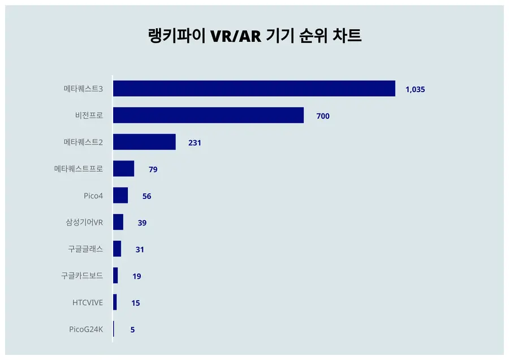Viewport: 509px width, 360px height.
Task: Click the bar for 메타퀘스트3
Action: point(254,89)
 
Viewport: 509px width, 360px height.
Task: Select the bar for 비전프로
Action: point(208,115)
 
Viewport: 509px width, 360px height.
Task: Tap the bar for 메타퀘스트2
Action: point(144,142)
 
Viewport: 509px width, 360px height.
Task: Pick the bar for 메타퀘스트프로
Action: point(123,168)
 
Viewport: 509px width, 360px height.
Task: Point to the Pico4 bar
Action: point(120,196)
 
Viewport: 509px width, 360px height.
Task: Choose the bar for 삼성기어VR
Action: point(118,222)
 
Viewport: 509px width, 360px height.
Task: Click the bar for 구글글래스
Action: point(117,249)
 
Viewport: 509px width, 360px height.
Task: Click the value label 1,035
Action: point(415,89)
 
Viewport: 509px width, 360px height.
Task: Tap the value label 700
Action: point(323,116)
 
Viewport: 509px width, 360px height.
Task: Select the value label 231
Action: point(195,143)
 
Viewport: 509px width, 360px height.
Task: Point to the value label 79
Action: point(153,170)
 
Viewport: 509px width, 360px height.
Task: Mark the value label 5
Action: point(132,329)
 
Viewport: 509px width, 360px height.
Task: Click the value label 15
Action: point(135,303)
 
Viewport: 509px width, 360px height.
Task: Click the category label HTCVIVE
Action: point(88,302)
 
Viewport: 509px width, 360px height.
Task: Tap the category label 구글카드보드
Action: point(82,276)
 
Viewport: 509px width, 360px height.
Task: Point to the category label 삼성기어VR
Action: point(84,222)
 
